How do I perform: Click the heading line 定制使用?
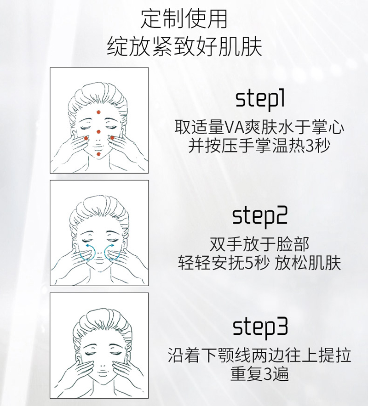(184, 19)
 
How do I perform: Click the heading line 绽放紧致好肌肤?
(184, 47)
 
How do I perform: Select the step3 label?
(260, 327)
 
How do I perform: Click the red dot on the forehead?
(98, 113)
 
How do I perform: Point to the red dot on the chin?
(98, 154)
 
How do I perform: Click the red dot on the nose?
(98, 132)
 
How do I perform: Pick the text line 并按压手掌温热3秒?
(260, 146)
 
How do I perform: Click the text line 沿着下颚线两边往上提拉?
(260, 355)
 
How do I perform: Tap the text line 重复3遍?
(260, 374)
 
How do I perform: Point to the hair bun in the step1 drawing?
(98, 88)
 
